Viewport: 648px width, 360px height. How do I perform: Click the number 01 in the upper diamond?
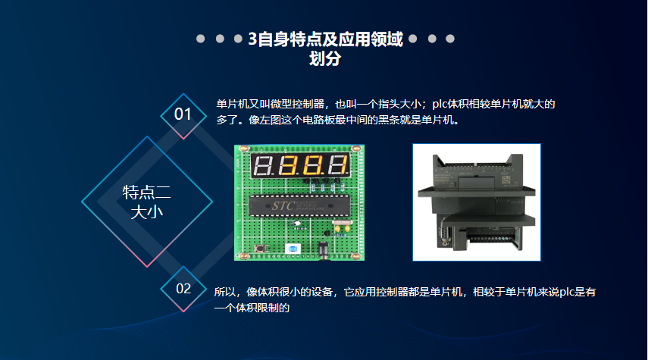click(183, 114)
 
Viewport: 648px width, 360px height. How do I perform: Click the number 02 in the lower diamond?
click(183, 289)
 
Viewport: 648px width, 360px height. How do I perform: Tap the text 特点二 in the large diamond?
click(147, 192)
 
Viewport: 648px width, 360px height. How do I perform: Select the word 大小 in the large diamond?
click(147, 211)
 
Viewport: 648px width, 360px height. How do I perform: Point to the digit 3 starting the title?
click(252, 39)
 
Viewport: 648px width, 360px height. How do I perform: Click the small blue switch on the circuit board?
click(291, 248)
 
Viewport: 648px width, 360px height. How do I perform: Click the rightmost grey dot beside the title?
click(450, 39)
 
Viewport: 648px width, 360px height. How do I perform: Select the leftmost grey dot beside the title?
click(200, 39)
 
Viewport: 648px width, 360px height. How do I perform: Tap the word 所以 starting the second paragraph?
click(226, 292)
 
